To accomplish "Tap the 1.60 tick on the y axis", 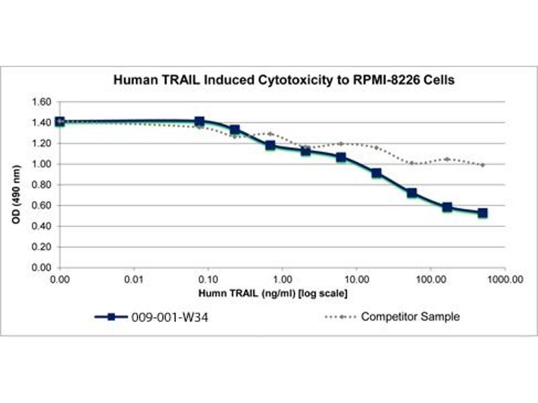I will tap(41, 102).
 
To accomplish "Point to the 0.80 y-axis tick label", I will tap(41, 185).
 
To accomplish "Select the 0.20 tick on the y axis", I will tap(41, 247).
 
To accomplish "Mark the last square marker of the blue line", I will tap(483, 213).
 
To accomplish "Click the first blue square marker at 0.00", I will tap(60, 122).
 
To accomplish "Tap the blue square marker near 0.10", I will tap(199, 122).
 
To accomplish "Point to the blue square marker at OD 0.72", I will tap(412, 193).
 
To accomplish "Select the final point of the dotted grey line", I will tap(483, 165).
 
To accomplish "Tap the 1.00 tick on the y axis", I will tap(41, 164).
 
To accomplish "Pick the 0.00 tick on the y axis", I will tap(41, 267).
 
